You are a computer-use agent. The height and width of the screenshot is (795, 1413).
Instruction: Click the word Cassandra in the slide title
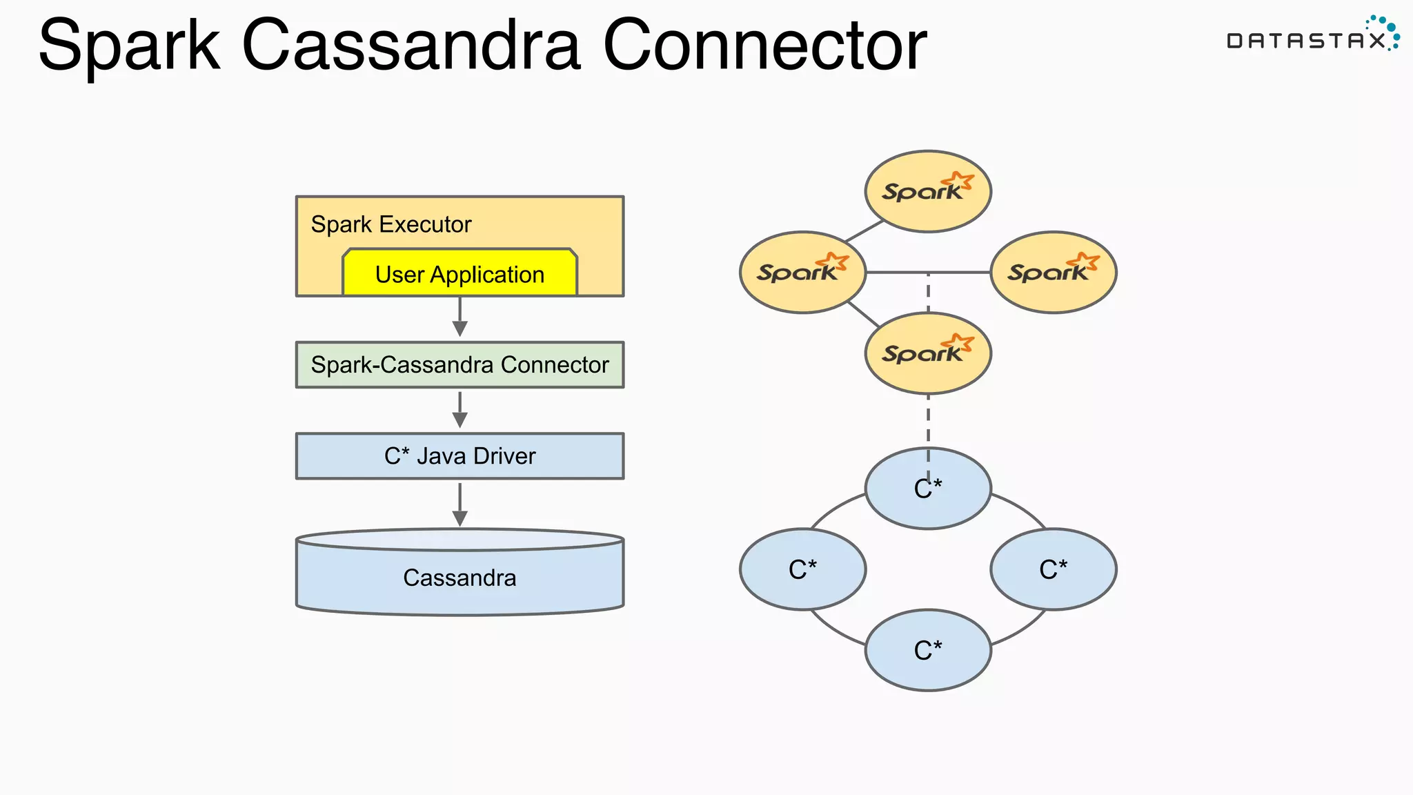tap(411, 46)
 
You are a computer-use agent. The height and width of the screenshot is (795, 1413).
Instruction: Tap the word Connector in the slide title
tap(764, 46)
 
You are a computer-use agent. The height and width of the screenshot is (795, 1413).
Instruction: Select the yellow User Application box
tap(460, 274)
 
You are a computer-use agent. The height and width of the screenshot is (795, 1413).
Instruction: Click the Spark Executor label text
tap(391, 224)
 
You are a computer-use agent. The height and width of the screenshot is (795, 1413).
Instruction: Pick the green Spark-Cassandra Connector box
tap(460, 364)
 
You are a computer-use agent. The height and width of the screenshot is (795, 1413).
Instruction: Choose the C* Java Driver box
tap(460, 456)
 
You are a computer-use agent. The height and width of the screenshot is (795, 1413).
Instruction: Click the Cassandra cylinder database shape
tap(460, 577)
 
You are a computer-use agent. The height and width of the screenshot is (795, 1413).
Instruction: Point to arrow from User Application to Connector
tap(460, 317)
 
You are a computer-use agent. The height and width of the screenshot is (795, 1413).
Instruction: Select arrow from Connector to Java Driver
tap(460, 409)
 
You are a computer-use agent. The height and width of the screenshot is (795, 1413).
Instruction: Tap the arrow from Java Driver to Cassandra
tap(460, 504)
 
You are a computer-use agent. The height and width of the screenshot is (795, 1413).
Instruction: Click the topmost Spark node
tap(928, 191)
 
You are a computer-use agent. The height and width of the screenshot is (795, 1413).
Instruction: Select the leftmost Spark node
tap(802, 272)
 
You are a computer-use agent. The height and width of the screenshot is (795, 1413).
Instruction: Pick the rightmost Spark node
tap(1053, 272)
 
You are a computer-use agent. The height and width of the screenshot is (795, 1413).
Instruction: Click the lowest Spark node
tap(928, 353)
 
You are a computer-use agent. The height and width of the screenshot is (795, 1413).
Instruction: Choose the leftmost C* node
tap(802, 569)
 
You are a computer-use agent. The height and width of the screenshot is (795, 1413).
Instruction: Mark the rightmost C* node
tap(1053, 569)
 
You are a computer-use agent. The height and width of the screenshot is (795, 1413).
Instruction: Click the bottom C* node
tap(928, 650)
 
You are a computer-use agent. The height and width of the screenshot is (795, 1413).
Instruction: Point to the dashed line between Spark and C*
tap(928, 421)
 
